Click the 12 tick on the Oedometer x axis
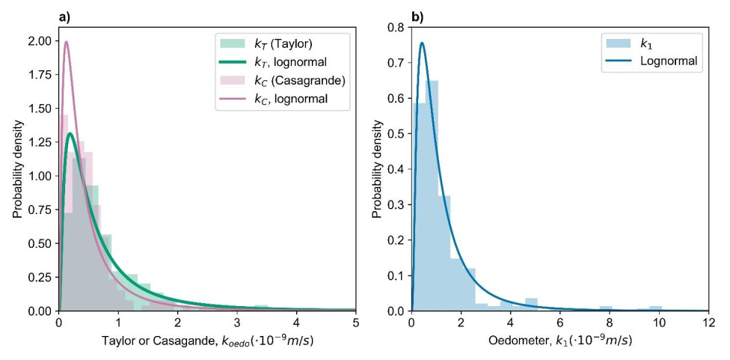coord(708,323)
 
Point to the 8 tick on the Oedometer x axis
coord(610,323)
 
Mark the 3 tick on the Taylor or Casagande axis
coord(237,323)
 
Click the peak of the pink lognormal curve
coord(66,42)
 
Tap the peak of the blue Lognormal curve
coord(422,43)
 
